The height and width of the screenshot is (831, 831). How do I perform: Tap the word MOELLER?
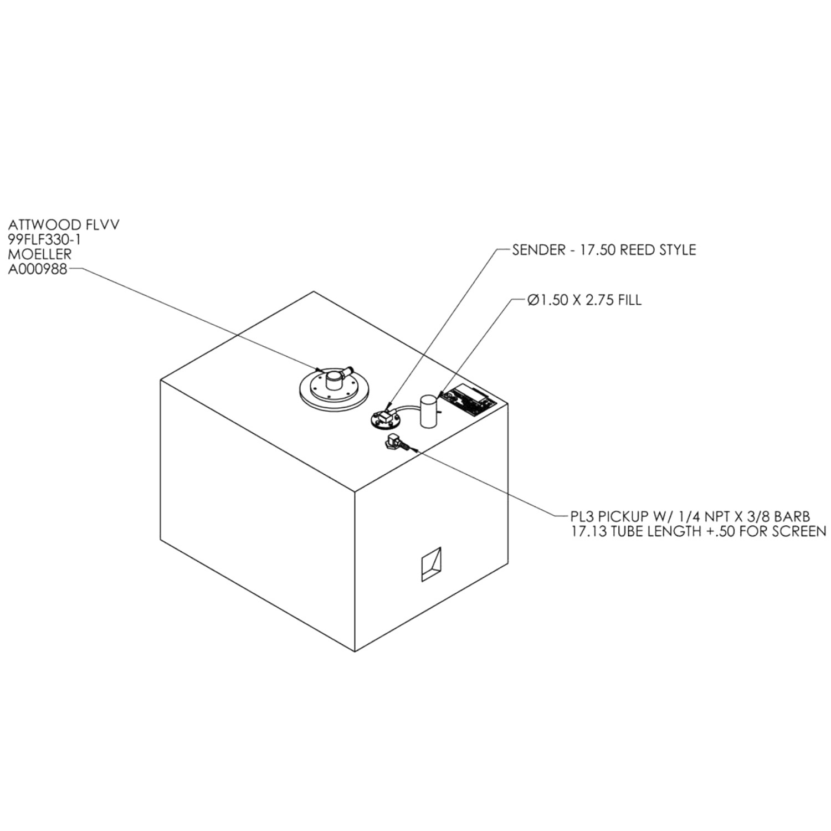pyautogui.click(x=40, y=254)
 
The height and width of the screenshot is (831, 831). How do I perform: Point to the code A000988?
pyautogui.click(x=37, y=269)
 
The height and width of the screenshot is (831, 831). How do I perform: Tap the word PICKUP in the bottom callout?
pyautogui.click(x=623, y=517)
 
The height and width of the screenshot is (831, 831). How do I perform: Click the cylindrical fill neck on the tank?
pyautogui.click(x=429, y=411)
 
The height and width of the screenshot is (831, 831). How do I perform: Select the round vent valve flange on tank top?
pyautogui.click(x=334, y=388)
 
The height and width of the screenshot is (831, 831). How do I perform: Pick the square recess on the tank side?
pyautogui.click(x=432, y=564)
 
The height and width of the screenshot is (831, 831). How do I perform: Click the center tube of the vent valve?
pyautogui.click(x=335, y=380)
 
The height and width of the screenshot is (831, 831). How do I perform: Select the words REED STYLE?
pyautogui.click(x=658, y=250)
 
